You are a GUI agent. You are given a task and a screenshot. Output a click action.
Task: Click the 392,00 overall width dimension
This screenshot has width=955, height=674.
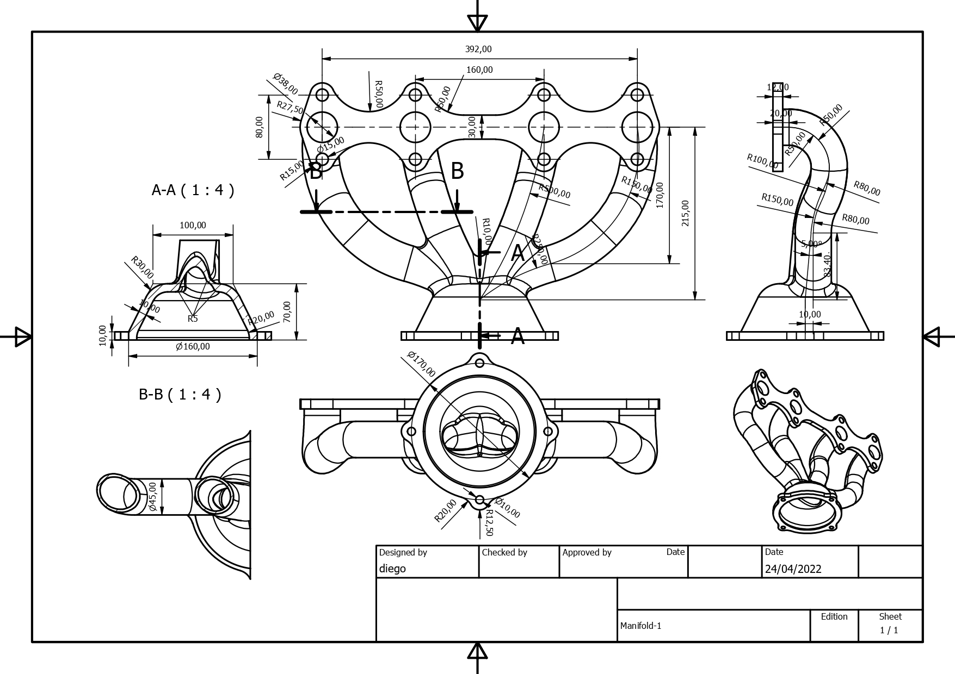[x=478, y=49]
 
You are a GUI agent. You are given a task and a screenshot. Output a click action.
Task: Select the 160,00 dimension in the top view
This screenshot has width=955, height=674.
[x=479, y=70]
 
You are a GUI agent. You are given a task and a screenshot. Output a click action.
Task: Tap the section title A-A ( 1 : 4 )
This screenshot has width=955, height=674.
[x=193, y=190]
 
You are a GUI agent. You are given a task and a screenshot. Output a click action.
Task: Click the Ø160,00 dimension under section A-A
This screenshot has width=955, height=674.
[x=193, y=346]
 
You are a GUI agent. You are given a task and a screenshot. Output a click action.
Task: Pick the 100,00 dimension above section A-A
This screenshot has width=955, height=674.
[x=193, y=225]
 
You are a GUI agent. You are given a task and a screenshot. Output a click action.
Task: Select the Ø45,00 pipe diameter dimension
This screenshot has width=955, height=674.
[x=152, y=496]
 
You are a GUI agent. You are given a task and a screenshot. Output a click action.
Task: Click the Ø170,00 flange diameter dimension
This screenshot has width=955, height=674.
[x=421, y=364]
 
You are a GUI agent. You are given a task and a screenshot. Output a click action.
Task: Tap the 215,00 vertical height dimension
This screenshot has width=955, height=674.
[x=685, y=213]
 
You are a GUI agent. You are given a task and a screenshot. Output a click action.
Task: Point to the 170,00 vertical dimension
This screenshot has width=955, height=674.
[x=660, y=195]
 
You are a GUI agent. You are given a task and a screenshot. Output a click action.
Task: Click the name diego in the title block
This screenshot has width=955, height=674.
[x=392, y=569]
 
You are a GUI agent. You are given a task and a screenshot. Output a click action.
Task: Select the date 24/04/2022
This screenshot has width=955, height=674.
[x=793, y=569]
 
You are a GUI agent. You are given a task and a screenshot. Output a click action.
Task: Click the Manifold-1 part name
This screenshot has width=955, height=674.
[x=640, y=626]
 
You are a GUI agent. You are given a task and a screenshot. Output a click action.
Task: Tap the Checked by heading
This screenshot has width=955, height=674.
[x=504, y=552]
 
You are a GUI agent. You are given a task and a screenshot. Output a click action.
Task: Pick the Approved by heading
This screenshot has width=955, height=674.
[x=587, y=552]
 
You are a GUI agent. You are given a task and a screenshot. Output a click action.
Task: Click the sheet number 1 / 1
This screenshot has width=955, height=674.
[x=889, y=631]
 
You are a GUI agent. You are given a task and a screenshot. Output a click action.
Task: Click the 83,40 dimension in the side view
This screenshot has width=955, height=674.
[x=828, y=265]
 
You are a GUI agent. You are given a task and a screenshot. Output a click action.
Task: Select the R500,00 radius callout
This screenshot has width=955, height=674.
[x=554, y=191]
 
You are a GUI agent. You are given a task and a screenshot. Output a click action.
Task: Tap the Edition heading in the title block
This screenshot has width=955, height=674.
[x=834, y=616]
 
